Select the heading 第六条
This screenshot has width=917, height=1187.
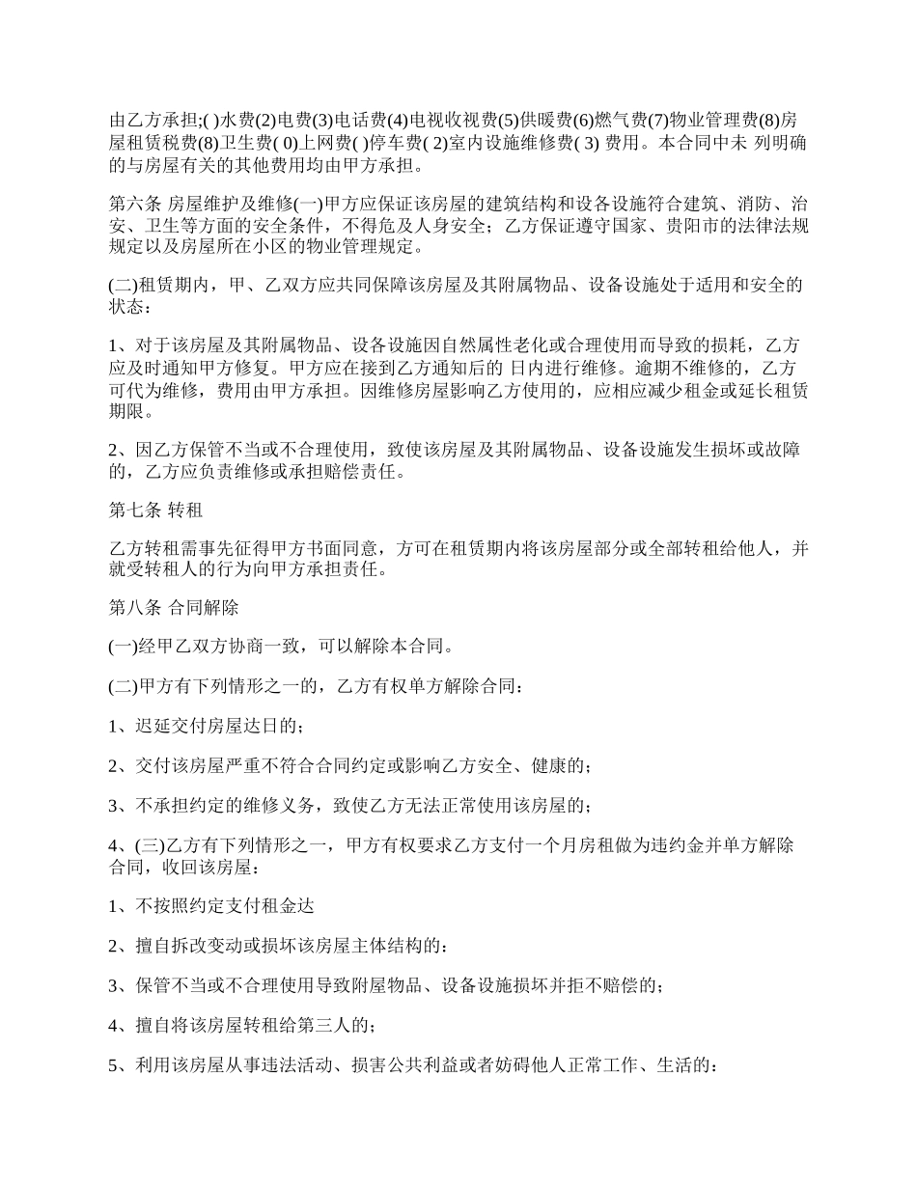[135, 205]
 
